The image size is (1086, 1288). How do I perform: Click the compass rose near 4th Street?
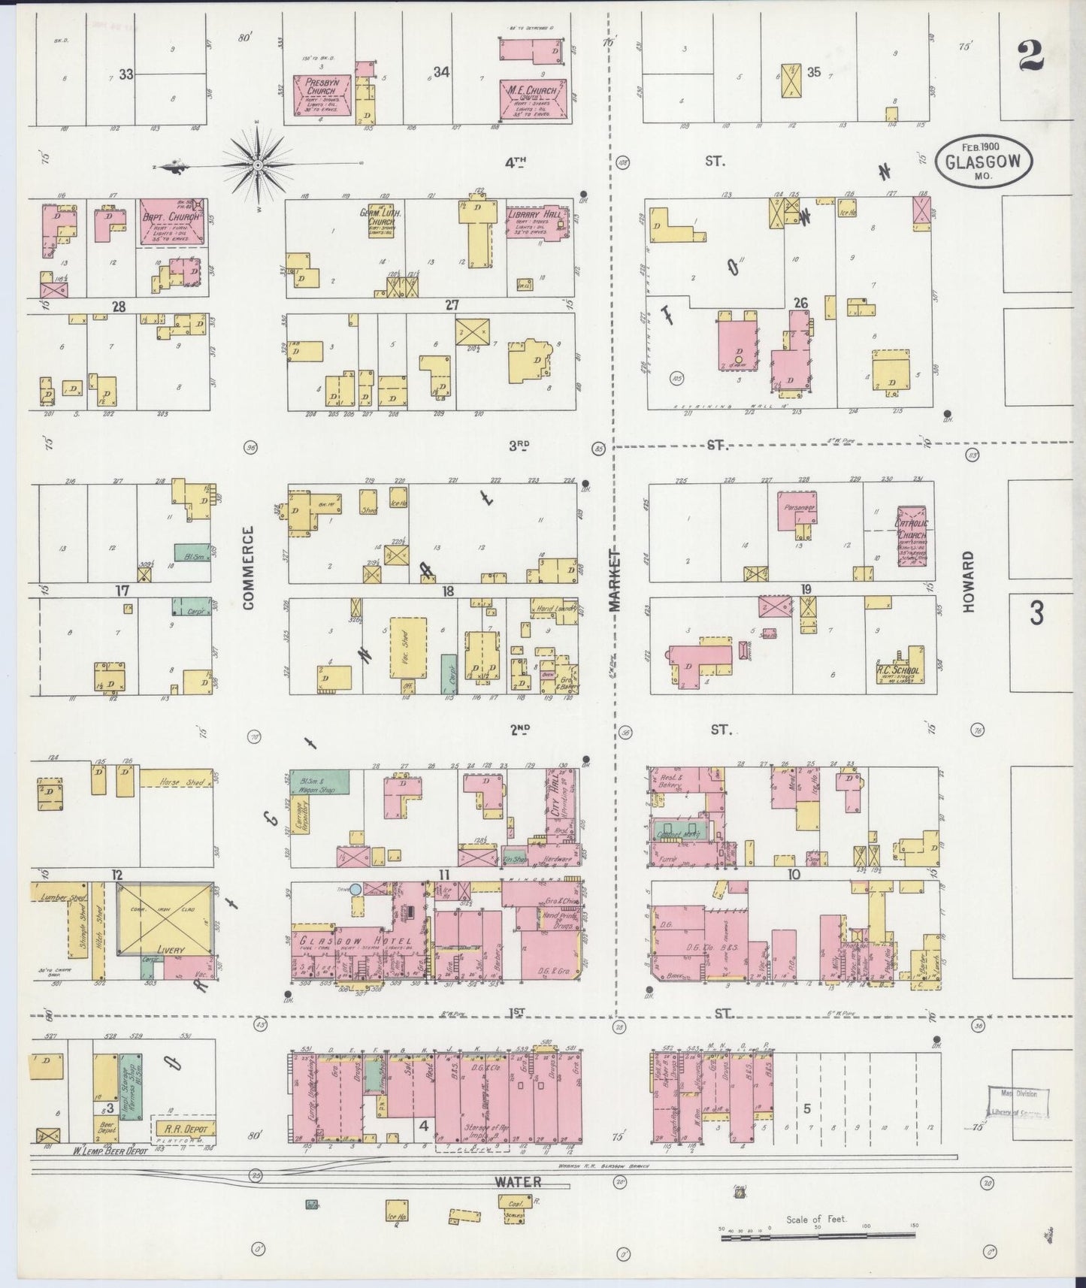[x=257, y=164]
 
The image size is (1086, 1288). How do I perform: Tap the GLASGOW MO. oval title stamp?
[x=983, y=160]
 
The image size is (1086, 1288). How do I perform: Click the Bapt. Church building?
[x=172, y=222]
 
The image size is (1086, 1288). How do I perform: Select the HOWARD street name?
[x=968, y=581]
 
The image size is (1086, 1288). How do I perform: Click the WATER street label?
[x=518, y=1182]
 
